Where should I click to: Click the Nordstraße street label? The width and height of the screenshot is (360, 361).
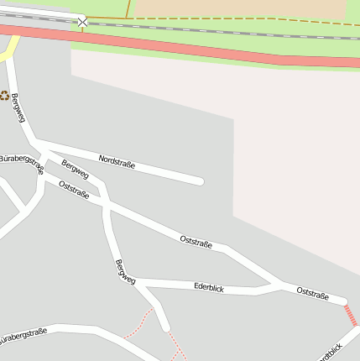[x=117, y=161]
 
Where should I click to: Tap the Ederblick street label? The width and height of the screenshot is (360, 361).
[x=209, y=287]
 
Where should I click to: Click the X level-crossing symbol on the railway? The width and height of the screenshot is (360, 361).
[x=82, y=21]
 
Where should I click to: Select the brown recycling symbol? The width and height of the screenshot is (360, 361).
[x=4, y=96]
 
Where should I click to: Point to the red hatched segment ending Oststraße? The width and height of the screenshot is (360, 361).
[x=351, y=316]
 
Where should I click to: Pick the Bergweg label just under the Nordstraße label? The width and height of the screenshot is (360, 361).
[x=75, y=169]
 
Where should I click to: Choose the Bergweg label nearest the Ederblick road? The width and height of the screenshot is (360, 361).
[x=124, y=272]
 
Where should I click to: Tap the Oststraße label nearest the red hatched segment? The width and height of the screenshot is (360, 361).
[x=312, y=292]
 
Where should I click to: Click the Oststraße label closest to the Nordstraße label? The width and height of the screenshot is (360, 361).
[x=74, y=189]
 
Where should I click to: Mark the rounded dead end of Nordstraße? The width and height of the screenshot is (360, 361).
[x=199, y=180]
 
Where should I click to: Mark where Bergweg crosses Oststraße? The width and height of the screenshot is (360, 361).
[x=106, y=202]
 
